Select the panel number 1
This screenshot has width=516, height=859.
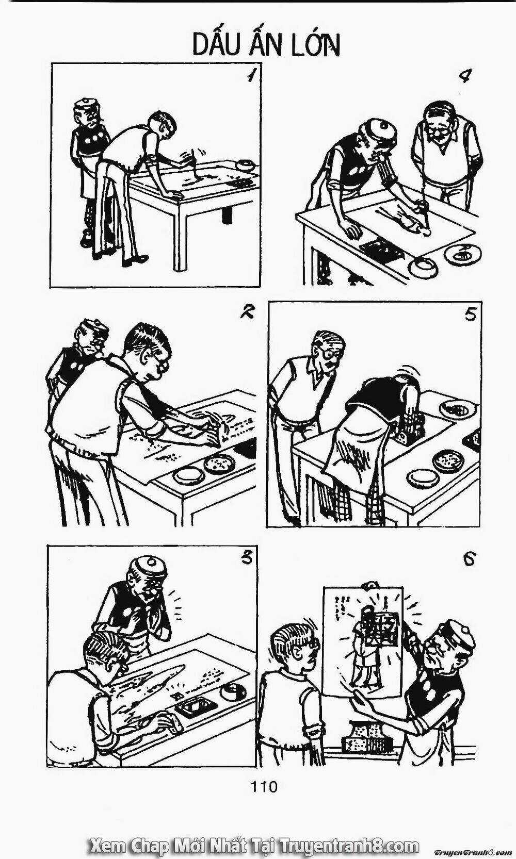[251, 75]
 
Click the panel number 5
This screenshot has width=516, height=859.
[470, 315]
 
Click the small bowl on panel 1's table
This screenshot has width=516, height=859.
[245, 165]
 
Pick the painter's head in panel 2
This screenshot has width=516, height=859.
[149, 352]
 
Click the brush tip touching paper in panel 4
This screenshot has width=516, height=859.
[427, 233]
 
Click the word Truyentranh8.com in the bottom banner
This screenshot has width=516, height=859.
[350, 845]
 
